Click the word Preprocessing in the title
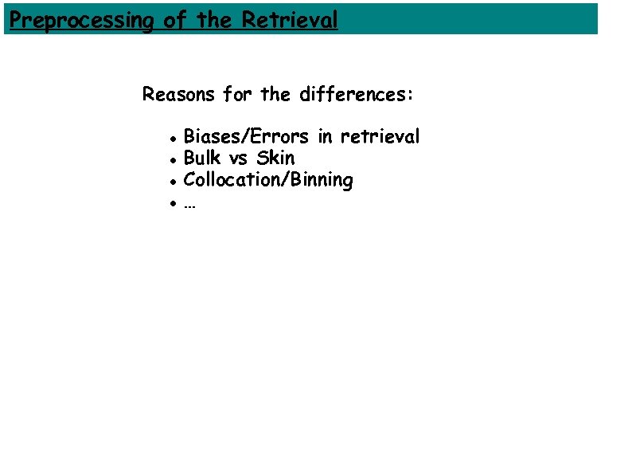pyautogui.click(x=80, y=20)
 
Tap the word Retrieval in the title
pyautogui.click(x=290, y=20)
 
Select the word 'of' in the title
pyautogui.click(x=174, y=20)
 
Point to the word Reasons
pyautogui.click(x=178, y=95)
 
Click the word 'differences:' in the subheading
pyautogui.click(x=357, y=95)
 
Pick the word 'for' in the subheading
pyautogui.click(x=236, y=95)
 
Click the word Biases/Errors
pyautogui.click(x=246, y=137)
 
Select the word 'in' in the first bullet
pyautogui.click(x=325, y=137)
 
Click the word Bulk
pyautogui.click(x=202, y=159)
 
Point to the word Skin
pyautogui.click(x=275, y=159)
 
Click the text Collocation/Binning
pyautogui.click(x=268, y=180)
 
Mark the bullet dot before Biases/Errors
pyautogui.click(x=172, y=139)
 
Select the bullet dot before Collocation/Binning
pyautogui.click(x=172, y=182)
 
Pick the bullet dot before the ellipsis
pyautogui.click(x=172, y=203)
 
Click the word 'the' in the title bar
pyautogui.click(x=213, y=20)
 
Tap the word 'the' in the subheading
pyautogui.click(x=275, y=95)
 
